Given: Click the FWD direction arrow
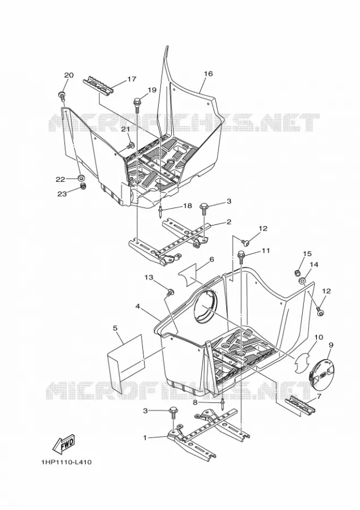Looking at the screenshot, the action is coord(64,444).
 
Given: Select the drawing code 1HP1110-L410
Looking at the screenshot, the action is coord(66,462).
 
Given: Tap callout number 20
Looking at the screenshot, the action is coord(69,75).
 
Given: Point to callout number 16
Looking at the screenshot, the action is coord(208,74).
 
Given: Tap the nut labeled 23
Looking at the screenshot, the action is coord(83,186).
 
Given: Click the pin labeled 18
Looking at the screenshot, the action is coord(162,212).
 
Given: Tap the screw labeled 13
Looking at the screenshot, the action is coord(170,292).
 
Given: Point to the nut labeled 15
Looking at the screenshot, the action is coord(297,272).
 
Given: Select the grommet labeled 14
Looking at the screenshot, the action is coord(303,280).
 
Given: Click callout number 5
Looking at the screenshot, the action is coord(115,328).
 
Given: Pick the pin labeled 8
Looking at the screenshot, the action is coord(223,404).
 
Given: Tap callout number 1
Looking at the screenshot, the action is coord(145,438).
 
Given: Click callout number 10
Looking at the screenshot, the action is coord(319,337).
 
